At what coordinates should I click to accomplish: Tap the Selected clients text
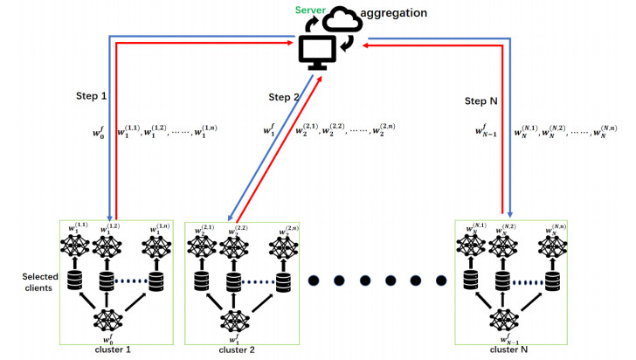click(x=41, y=282)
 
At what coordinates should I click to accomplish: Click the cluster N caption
click(x=508, y=350)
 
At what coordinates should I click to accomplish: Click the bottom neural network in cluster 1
click(x=107, y=320)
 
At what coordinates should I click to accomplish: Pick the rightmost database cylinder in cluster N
click(x=551, y=282)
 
